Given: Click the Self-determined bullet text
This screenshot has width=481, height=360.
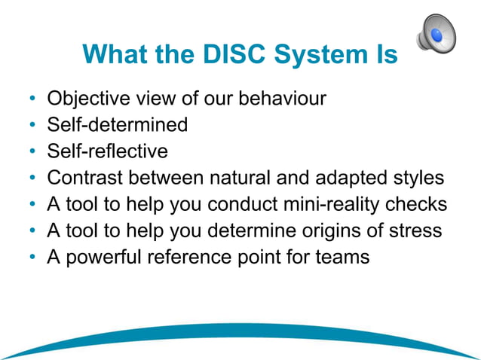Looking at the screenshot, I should pos(117,125).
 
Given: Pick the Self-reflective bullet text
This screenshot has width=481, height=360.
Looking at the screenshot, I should pos(107,151).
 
